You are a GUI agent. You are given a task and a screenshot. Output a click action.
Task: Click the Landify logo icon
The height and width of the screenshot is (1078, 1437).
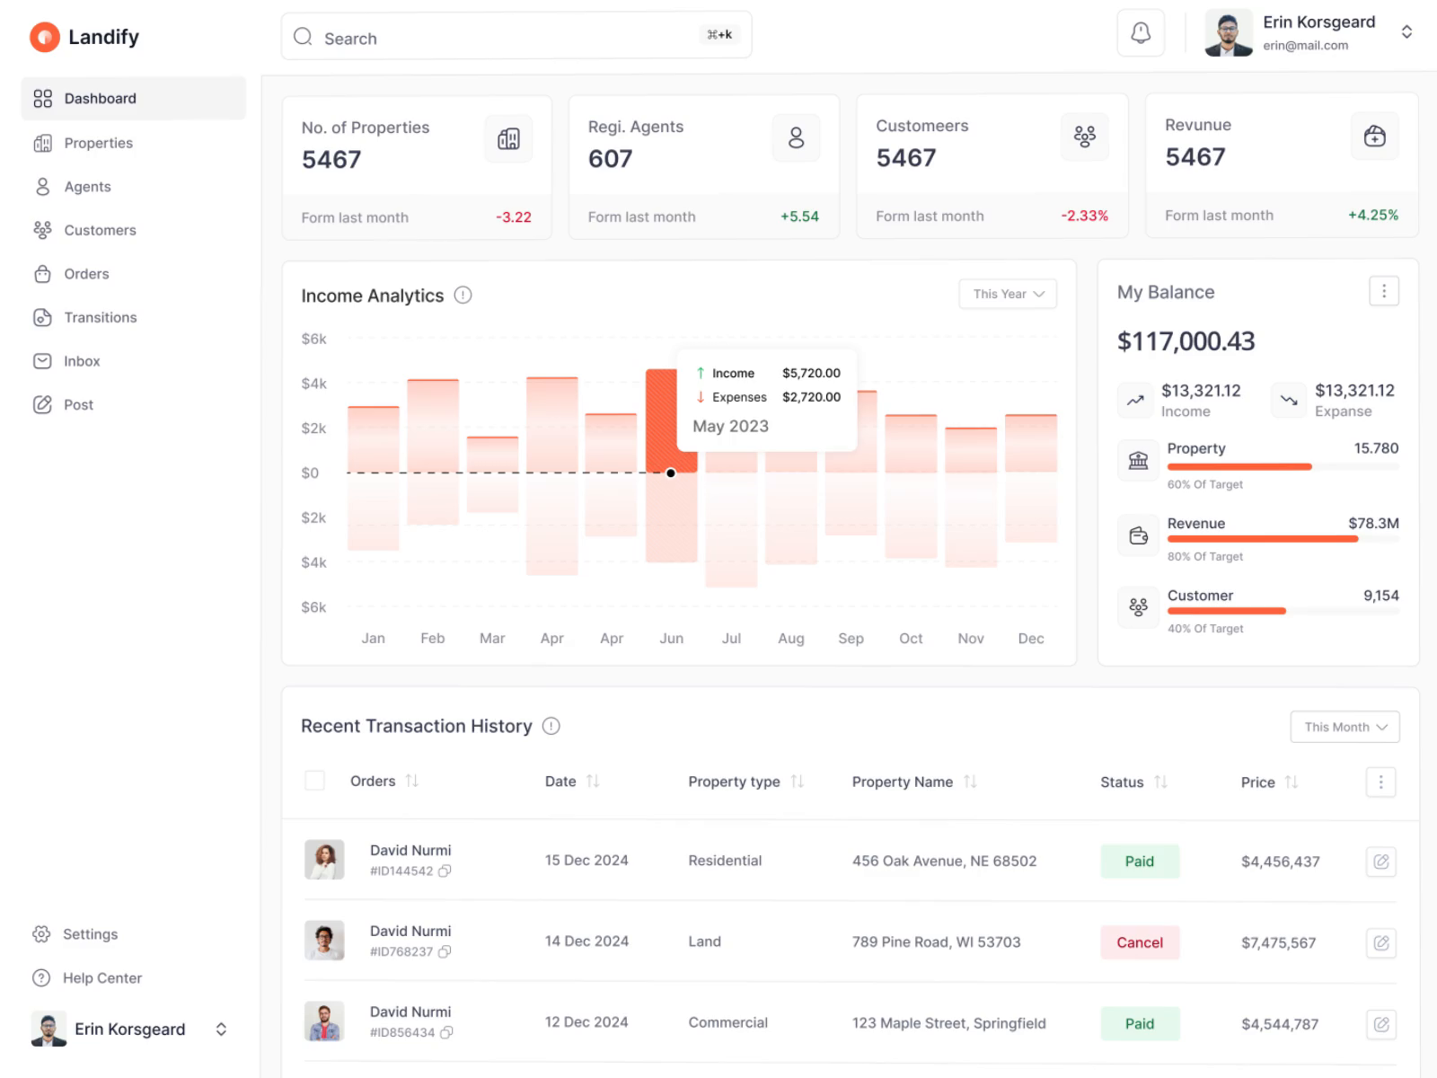pyautogui.click(x=44, y=37)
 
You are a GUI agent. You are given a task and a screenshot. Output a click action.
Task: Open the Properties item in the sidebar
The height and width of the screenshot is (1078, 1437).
pyautogui.click(x=98, y=143)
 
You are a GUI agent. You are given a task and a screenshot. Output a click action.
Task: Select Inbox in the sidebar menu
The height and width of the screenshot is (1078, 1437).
pyautogui.click(x=82, y=361)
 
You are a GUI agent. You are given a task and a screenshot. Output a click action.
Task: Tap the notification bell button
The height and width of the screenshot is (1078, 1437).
pyautogui.click(x=1141, y=34)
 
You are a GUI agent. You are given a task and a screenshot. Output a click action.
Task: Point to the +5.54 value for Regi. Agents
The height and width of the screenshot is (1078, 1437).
pyautogui.click(x=799, y=216)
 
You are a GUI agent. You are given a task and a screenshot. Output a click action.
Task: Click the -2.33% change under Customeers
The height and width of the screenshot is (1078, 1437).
pyautogui.click(x=1084, y=216)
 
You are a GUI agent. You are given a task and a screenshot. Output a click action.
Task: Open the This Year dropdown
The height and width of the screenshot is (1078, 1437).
pyautogui.click(x=1008, y=294)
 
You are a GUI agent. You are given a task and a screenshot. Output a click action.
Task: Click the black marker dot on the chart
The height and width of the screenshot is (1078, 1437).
pyautogui.click(x=671, y=473)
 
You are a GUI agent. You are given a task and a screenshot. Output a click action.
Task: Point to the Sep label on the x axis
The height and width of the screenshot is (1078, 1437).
pyautogui.click(x=851, y=639)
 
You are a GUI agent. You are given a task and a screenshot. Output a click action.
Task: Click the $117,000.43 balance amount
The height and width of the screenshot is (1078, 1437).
pyautogui.click(x=1186, y=341)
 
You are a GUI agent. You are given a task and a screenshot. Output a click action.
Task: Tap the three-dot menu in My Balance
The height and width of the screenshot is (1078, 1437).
pyautogui.click(x=1383, y=291)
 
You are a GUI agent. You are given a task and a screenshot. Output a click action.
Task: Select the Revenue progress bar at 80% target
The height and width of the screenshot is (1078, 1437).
pyautogui.click(x=1263, y=539)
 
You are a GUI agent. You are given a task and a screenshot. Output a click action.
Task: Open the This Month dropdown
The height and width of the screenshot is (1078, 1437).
pyautogui.click(x=1344, y=727)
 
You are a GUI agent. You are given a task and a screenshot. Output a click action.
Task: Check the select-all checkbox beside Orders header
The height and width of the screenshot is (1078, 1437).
pyautogui.click(x=314, y=781)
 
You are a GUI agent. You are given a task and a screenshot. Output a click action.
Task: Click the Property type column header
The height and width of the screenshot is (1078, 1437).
pyautogui.click(x=734, y=782)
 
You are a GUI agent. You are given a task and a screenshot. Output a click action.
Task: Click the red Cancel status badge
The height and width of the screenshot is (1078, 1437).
pyautogui.click(x=1140, y=942)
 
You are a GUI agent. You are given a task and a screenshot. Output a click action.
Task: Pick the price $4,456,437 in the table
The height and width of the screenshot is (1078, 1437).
pyautogui.click(x=1280, y=862)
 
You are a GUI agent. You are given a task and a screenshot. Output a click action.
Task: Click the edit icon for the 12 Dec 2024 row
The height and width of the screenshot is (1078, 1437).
pyautogui.click(x=1381, y=1024)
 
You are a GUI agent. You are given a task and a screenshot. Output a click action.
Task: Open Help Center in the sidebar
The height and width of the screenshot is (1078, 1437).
pyautogui.click(x=101, y=978)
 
